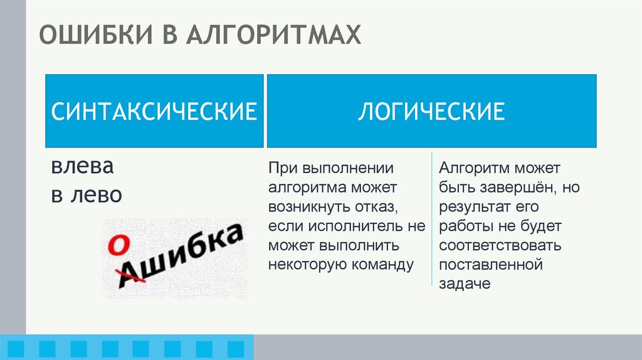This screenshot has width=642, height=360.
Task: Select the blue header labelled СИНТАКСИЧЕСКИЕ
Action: coord(154,112)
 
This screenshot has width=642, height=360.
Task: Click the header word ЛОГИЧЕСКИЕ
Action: coord(431,112)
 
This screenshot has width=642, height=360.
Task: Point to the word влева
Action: coord(83,168)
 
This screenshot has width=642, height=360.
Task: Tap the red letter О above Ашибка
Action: coord(115,246)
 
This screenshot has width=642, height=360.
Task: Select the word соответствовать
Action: coord(500,245)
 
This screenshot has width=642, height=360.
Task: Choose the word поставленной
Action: coord(490,264)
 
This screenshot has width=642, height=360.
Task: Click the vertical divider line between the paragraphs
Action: coord(431,220)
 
